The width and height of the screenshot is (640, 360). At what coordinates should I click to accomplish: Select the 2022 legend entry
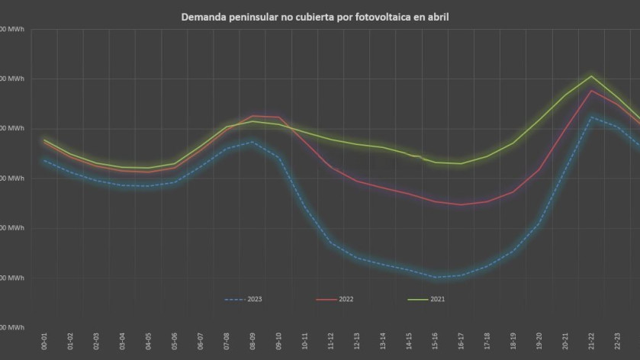point(336,299)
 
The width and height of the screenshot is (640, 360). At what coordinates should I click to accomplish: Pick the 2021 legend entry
point(428,299)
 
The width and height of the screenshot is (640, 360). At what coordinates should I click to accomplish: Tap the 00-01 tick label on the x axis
point(45,340)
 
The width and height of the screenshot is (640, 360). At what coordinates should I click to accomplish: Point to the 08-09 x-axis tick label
point(253,340)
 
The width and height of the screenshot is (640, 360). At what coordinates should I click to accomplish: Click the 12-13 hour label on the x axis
point(357,340)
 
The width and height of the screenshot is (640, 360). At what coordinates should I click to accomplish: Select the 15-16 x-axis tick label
point(435,340)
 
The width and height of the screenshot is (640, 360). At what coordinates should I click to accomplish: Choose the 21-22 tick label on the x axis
point(591,340)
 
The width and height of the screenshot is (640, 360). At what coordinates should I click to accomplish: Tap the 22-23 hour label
point(617,340)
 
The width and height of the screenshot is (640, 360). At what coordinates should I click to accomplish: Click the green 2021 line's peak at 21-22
point(591,76)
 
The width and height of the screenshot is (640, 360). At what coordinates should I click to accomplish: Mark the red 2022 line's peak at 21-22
point(591,91)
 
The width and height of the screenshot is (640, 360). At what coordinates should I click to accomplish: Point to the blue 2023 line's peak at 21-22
point(591,117)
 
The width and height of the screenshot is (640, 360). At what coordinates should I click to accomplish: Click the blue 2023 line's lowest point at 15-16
point(435,277)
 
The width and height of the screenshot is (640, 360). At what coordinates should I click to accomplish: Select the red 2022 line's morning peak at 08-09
point(253,116)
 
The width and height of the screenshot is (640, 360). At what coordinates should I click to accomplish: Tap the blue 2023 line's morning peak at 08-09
point(253,142)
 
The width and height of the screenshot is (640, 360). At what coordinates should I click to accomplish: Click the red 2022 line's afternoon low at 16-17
point(461,204)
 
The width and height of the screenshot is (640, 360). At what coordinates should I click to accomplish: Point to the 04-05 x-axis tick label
point(149,340)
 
